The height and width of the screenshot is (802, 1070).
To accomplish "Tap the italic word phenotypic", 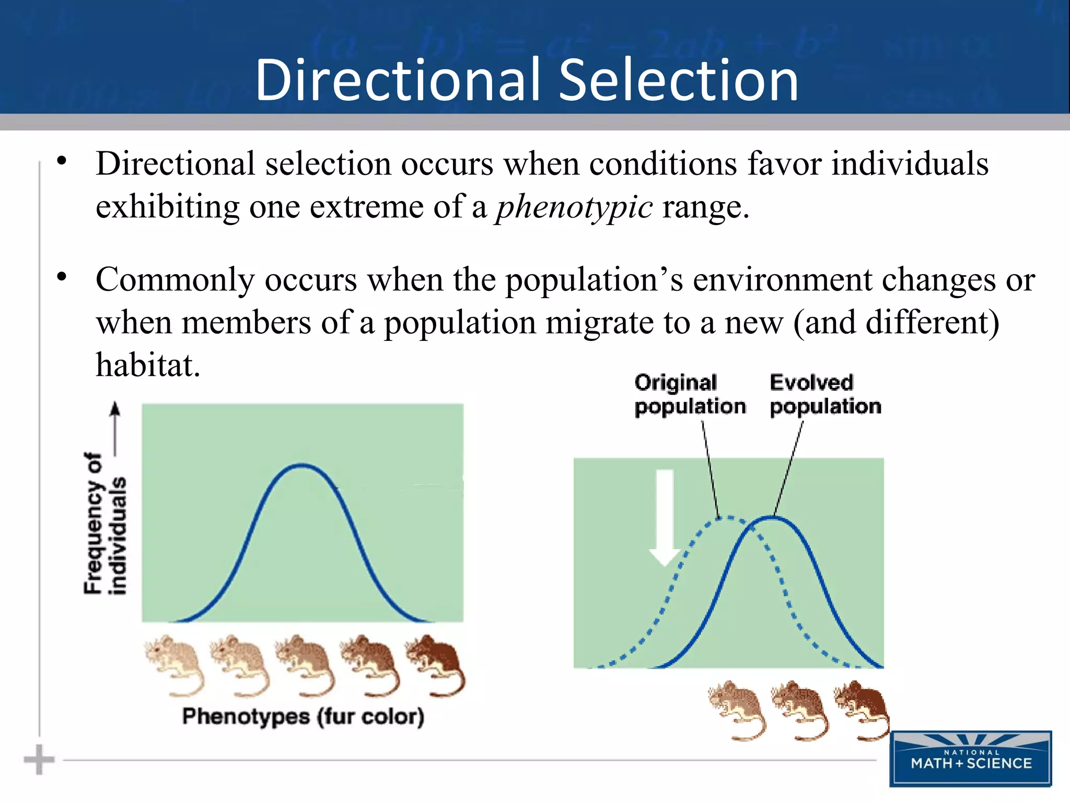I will [574, 207].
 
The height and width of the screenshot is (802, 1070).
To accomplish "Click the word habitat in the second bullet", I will [147, 365].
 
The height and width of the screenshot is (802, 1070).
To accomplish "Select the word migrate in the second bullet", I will [600, 323].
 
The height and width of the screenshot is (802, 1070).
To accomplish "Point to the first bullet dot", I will [62, 161].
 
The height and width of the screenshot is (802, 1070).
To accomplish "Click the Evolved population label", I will [824, 395].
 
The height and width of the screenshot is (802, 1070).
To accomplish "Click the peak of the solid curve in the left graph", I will [303, 465].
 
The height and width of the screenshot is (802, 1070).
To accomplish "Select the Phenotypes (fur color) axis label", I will [303, 716].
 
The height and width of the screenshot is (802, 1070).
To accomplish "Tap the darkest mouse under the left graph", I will [436, 665].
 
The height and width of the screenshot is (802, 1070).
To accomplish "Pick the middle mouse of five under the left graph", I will [305, 665].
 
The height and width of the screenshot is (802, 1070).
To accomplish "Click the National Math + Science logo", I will [971, 759].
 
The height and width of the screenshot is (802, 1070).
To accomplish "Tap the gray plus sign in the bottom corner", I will [39, 759].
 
